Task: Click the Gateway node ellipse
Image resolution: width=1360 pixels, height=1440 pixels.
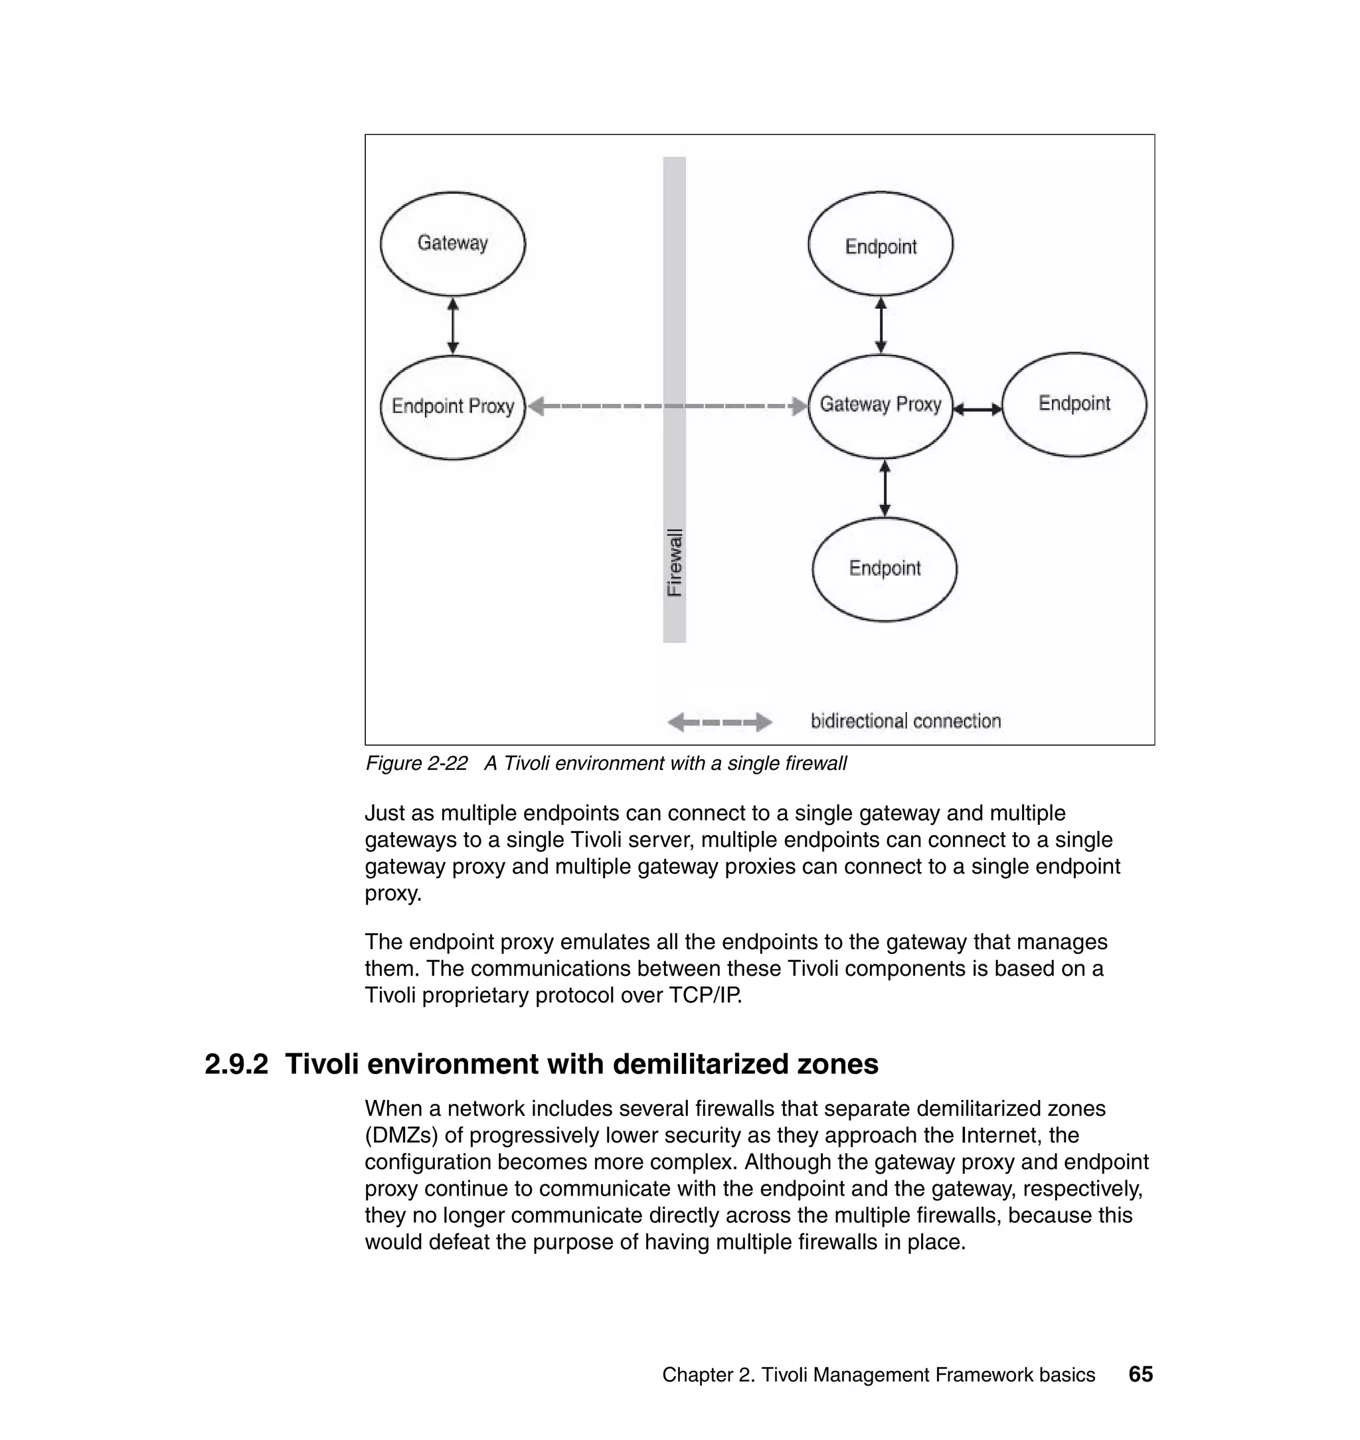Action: click(x=452, y=244)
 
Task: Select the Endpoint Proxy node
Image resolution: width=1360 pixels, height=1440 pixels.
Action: click(x=452, y=406)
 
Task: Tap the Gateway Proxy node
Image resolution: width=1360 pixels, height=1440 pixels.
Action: click(x=880, y=405)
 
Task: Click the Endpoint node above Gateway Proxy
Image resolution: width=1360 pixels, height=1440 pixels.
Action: click(x=880, y=244)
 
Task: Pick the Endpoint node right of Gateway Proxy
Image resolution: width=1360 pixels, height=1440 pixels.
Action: click(x=1074, y=404)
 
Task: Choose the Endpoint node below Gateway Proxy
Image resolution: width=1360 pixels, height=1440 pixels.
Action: click(x=884, y=569)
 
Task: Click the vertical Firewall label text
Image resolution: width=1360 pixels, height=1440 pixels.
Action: click(x=674, y=563)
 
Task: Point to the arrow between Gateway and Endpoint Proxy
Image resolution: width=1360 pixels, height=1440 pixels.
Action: click(x=452, y=325)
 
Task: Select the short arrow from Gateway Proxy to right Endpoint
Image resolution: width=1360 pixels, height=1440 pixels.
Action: click(x=977, y=410)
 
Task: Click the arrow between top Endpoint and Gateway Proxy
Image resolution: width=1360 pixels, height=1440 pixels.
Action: click(x=880, y=325)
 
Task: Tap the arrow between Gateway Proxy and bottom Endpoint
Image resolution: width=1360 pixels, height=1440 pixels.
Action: click(x=884, y=488)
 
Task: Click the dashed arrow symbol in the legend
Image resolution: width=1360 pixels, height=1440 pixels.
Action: click(x=719, y=722)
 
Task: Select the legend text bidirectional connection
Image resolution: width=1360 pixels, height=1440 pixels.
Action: click(x=906, y=721)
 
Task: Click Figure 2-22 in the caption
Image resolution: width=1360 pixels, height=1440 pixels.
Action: click(x=416, y=763)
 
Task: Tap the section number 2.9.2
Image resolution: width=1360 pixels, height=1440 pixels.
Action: click(x=236, y=1065)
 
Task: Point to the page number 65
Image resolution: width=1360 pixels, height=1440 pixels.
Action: click(x=1140, y=1374)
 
